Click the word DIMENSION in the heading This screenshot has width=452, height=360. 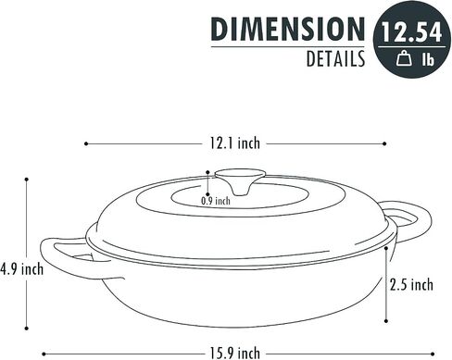(x=288, y=29)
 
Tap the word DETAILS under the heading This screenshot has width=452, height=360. (x=335, y=58)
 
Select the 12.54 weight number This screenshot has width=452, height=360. (x=411, y=32)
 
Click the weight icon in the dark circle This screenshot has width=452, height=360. (x=404, y=58)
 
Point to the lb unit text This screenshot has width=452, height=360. (x=428, y=58)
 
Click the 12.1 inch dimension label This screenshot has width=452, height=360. (x=235, y=143)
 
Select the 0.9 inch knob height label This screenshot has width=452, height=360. (x=216, y=201)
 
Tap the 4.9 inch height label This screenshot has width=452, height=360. (x=21, y=269)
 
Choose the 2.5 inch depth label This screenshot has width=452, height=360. (x=411, y=284)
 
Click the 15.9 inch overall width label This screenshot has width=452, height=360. (x=235, y=353)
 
